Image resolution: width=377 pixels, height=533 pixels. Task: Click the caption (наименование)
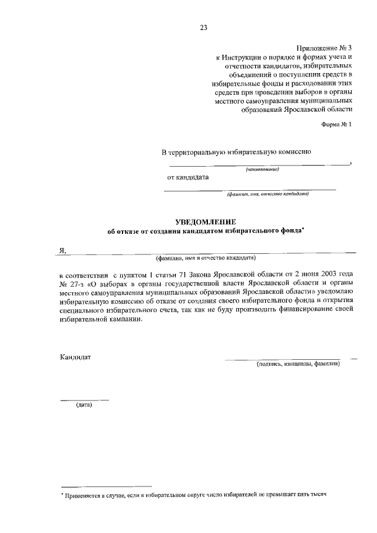coord(262,170)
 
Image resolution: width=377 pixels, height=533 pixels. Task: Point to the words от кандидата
coord(188,177)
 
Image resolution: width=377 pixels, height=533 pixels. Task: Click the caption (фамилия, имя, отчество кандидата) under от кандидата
coord(267,193)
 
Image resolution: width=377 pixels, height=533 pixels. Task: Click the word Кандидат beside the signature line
coord(75,357)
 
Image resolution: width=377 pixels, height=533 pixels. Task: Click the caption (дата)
coord(84,405)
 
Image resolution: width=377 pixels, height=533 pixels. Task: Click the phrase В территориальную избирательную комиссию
coord(236,152)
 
